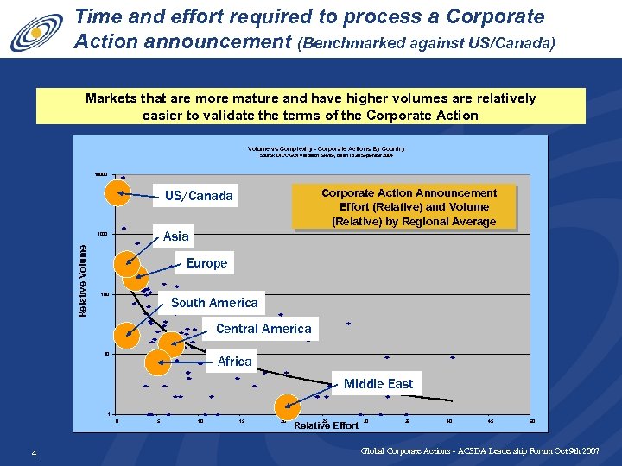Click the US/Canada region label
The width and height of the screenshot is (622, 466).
coord(199,196)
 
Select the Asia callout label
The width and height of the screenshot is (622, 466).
coord(175,236)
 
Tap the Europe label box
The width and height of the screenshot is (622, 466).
coord(206,263)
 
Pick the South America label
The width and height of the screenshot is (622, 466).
coord(214,303)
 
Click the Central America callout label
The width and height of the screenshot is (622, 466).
coord(263,329)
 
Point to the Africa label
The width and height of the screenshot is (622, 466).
coord(234,362)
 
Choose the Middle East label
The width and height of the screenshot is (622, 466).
coord(378,384)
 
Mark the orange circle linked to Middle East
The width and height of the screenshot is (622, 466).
coord(288,407)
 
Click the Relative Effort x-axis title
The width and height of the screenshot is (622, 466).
coord(326,425)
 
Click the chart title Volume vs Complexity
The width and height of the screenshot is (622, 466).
coord(326,149)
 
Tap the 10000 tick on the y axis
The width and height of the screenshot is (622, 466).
coord(101,174)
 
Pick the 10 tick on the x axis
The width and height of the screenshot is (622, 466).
coord(200,421)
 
